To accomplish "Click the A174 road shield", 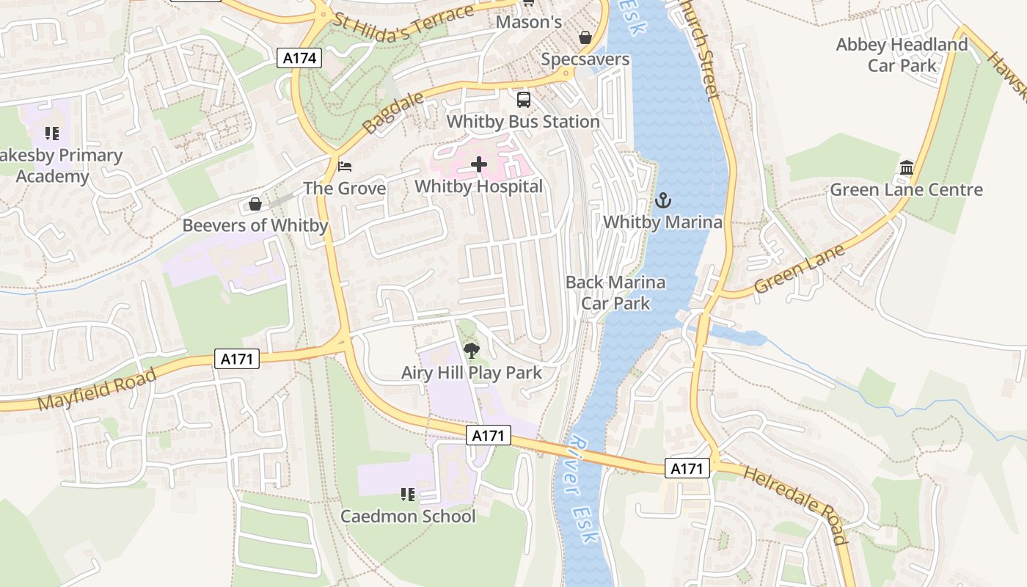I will pos(300,58).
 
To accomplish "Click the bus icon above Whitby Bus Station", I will pos(523,100).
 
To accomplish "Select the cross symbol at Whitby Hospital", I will pos(479,164).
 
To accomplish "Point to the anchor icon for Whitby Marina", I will pos(662,200).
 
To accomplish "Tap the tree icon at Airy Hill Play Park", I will pos(472,351).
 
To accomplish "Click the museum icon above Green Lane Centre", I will pos(906,168).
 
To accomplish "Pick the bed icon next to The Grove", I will pos(345,167).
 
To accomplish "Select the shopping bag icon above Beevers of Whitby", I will pos(255,204).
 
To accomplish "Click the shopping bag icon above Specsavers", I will pos(585,37).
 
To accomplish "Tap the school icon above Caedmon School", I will pos(408,495).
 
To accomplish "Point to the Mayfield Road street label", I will pos(97,390).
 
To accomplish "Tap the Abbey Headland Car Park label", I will pos(902,55).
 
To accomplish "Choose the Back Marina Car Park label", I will pos(615,292).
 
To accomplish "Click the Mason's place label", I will pos(529,22).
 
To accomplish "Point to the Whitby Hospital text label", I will pos(479,186).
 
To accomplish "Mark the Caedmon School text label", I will pos(408,517).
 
